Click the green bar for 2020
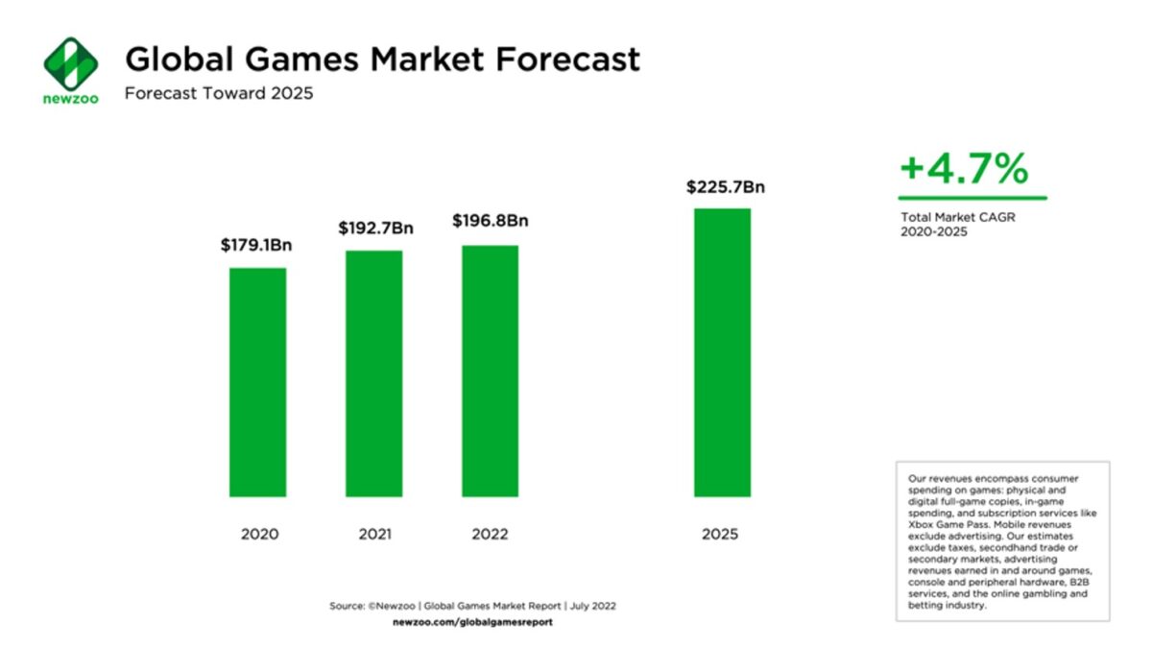pos(257,382)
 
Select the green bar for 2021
pos(373,373)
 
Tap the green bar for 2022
pos(490,371)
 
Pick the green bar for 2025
pos(722,352)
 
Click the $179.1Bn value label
pos(256,246)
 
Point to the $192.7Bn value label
pos(374,228)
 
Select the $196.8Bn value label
pos(491,221)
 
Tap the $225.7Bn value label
pos(725,187)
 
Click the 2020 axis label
pos(258,534)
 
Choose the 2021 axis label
pos(373,534)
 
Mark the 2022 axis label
pos(490,534)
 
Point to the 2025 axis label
pos(720,534)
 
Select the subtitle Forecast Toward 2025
pos(219,94)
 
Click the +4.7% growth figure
pos(964,170)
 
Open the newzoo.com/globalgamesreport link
pos(472,622)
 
